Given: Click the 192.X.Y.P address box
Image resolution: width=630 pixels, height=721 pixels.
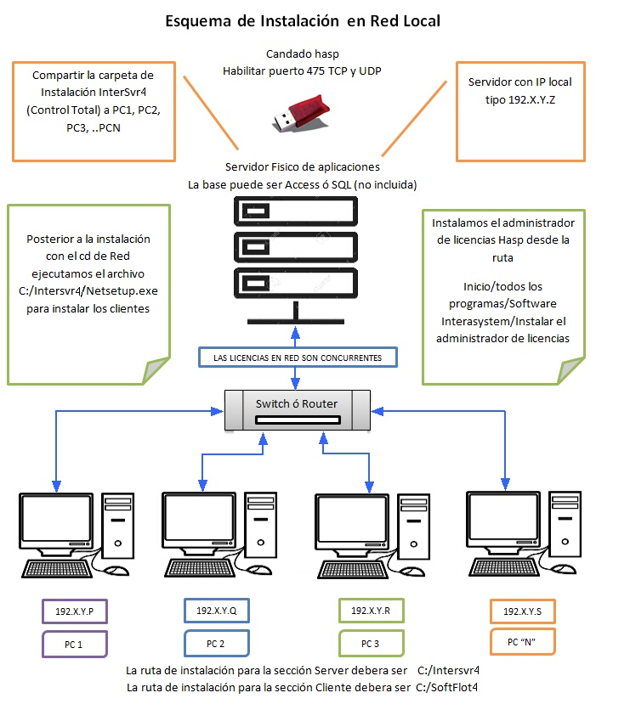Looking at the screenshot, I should (74, 611).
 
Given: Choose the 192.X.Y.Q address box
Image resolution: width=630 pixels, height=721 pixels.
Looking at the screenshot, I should (216, 611).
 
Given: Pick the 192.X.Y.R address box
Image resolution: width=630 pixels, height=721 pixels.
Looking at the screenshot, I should (371, 611).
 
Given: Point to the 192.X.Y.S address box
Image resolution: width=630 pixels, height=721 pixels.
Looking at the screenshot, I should (522, 611).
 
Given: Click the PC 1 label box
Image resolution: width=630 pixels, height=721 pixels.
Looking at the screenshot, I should (74, 644).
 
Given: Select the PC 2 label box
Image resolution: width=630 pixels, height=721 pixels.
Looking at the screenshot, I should (216, 643).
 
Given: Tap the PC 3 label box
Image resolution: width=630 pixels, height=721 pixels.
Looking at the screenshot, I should (371, 643).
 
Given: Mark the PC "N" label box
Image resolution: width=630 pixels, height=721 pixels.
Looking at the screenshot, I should (522, 642).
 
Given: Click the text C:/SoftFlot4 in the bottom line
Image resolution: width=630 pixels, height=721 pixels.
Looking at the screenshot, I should (447, 686).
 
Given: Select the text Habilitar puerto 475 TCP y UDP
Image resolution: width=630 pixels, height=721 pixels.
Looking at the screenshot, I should (302, 71).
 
